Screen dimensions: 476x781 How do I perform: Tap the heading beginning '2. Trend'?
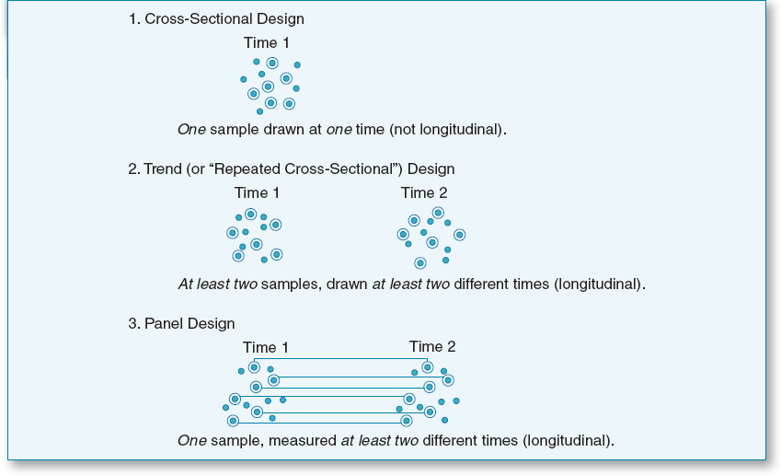pos(292,169)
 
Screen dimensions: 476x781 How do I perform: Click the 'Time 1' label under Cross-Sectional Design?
pos(267,42)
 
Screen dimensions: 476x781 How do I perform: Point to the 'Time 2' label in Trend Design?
pos(424,192)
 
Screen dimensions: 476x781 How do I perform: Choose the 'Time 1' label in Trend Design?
pos(258,192)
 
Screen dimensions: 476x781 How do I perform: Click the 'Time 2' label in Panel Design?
pos(432,347)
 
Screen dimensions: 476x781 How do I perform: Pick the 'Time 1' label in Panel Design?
pos(266,347)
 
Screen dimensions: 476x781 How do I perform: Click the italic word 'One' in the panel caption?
pos(190,440)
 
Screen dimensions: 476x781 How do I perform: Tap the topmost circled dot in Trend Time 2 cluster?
pos(438,214)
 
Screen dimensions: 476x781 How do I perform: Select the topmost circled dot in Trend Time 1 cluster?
pos(250,215)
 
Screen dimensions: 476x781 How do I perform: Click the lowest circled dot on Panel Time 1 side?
pos(233,421)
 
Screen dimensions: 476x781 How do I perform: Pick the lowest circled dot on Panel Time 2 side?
pos(406,421)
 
